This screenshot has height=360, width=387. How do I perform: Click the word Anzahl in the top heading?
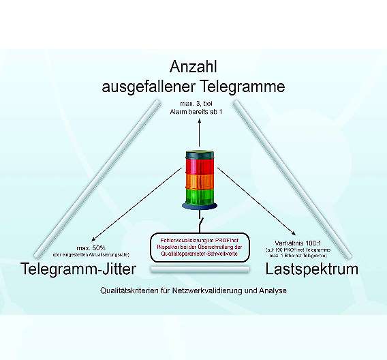click(x=193, y=69)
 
